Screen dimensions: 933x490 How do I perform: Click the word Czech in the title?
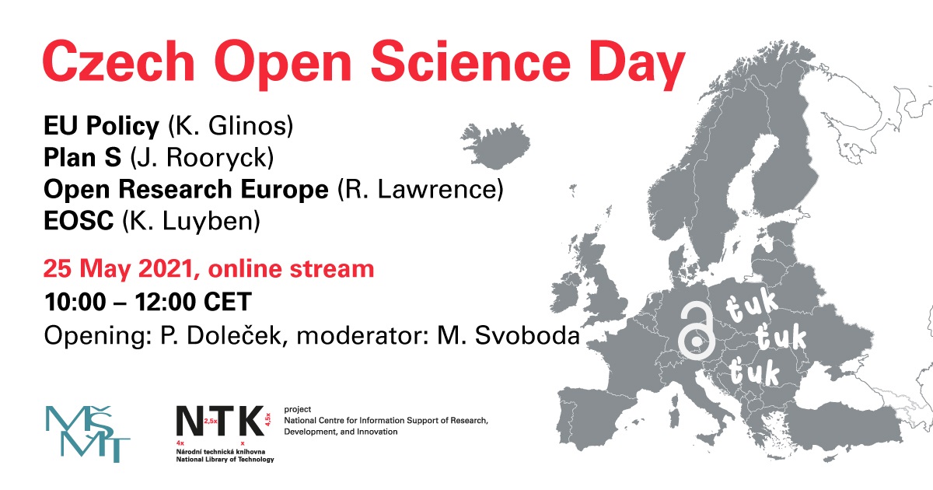pos(119,61)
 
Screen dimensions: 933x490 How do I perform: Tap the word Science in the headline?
pos(470,61)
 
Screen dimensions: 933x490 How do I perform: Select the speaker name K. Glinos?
pos(231,126)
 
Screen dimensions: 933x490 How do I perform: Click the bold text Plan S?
pos(82,157)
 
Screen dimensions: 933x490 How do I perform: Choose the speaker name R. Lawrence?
pos(421,190)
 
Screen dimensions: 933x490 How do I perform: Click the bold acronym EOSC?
pos(79,221)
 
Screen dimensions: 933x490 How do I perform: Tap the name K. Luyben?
pos(191,221)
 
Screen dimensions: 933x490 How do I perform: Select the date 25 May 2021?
pos(118,269)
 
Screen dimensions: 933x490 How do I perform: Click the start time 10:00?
pos(75,302)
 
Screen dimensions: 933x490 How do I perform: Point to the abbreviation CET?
pos(228,302)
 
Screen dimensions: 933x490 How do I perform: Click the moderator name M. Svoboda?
pos(508,335)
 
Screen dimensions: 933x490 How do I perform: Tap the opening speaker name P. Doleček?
pos(221,335)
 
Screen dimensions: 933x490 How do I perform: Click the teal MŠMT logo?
pos(88,434)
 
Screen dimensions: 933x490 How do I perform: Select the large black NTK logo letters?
pos(220,421)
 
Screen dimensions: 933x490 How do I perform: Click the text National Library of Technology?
pos(225,459)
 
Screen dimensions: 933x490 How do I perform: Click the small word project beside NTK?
pos(297,410)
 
